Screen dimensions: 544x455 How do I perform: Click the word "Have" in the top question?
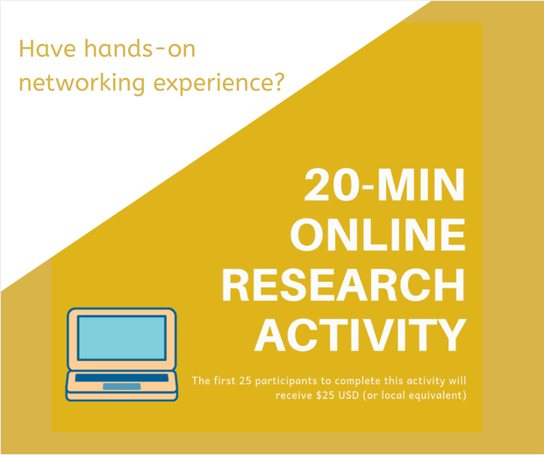click(47, 48)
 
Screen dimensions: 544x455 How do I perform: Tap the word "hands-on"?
click(140, 48)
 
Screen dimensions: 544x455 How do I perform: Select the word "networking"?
click(82, 83)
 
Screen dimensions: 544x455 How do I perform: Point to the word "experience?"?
click(219, 83)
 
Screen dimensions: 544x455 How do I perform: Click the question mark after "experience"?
click(278, 81)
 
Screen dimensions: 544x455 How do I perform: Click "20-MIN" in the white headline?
click(384, 184)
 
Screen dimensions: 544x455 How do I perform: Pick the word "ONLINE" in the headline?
click(378, 235)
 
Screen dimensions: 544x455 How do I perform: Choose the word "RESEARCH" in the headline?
click(343, 285)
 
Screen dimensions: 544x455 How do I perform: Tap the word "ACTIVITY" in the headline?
click(360, 335)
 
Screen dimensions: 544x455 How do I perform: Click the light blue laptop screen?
click(121, 337)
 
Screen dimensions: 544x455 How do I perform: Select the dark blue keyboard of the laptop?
click(122, 378)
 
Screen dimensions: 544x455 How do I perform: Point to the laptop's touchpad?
click(122, 386)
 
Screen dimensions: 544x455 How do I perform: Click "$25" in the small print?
click(325, 395)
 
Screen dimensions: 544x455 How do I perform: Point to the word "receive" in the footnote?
click(294, 395)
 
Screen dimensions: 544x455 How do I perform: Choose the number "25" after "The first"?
click(245, 380)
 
